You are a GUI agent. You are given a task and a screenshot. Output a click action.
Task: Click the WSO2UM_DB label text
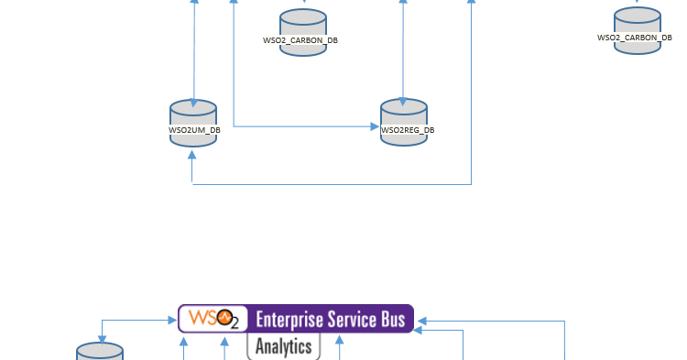point(194,131)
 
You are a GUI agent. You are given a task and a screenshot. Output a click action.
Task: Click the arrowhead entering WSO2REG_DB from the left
point(376,125)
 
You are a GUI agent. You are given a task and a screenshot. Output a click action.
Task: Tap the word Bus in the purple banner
point(397,320)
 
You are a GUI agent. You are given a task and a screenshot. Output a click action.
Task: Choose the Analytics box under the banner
point(283,346)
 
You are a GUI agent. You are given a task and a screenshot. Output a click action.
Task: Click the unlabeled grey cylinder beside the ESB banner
point(100,353)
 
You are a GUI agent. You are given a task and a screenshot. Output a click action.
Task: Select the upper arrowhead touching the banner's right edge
point(420,321)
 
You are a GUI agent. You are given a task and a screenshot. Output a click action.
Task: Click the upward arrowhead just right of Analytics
point(340,341)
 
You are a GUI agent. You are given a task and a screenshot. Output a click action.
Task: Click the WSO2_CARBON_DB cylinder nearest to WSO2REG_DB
point(303,32)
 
